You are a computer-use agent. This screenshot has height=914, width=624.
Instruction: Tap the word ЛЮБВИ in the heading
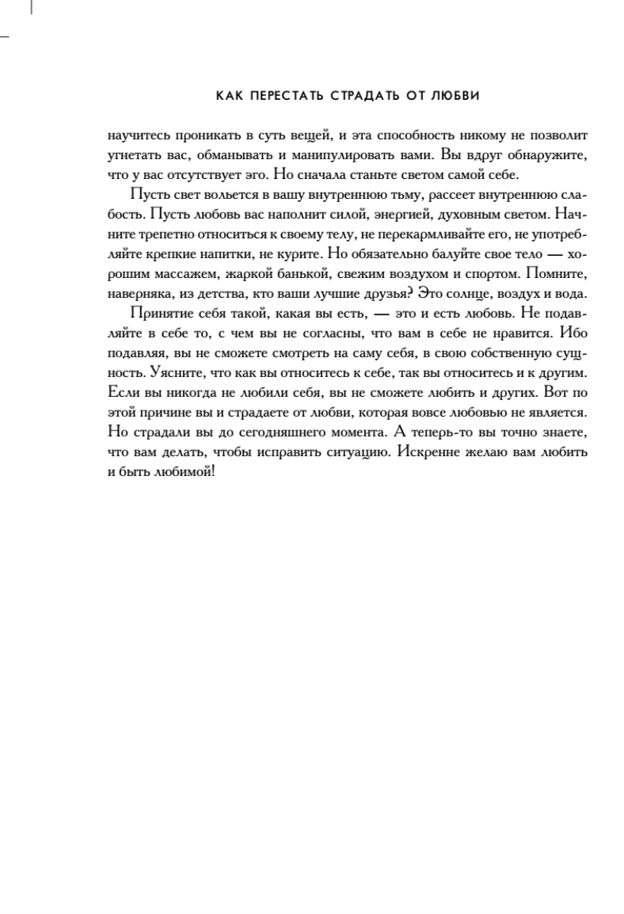(x=459, y=96)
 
